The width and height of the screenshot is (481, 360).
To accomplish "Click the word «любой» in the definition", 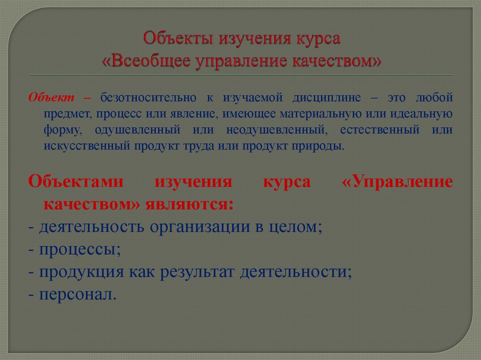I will [x=434, y=98].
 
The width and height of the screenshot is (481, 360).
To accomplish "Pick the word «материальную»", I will [x=319, y=114].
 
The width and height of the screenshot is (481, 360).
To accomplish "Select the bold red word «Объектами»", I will [x=76, y=182].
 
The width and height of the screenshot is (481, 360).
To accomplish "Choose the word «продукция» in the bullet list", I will [x=83, y=272].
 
